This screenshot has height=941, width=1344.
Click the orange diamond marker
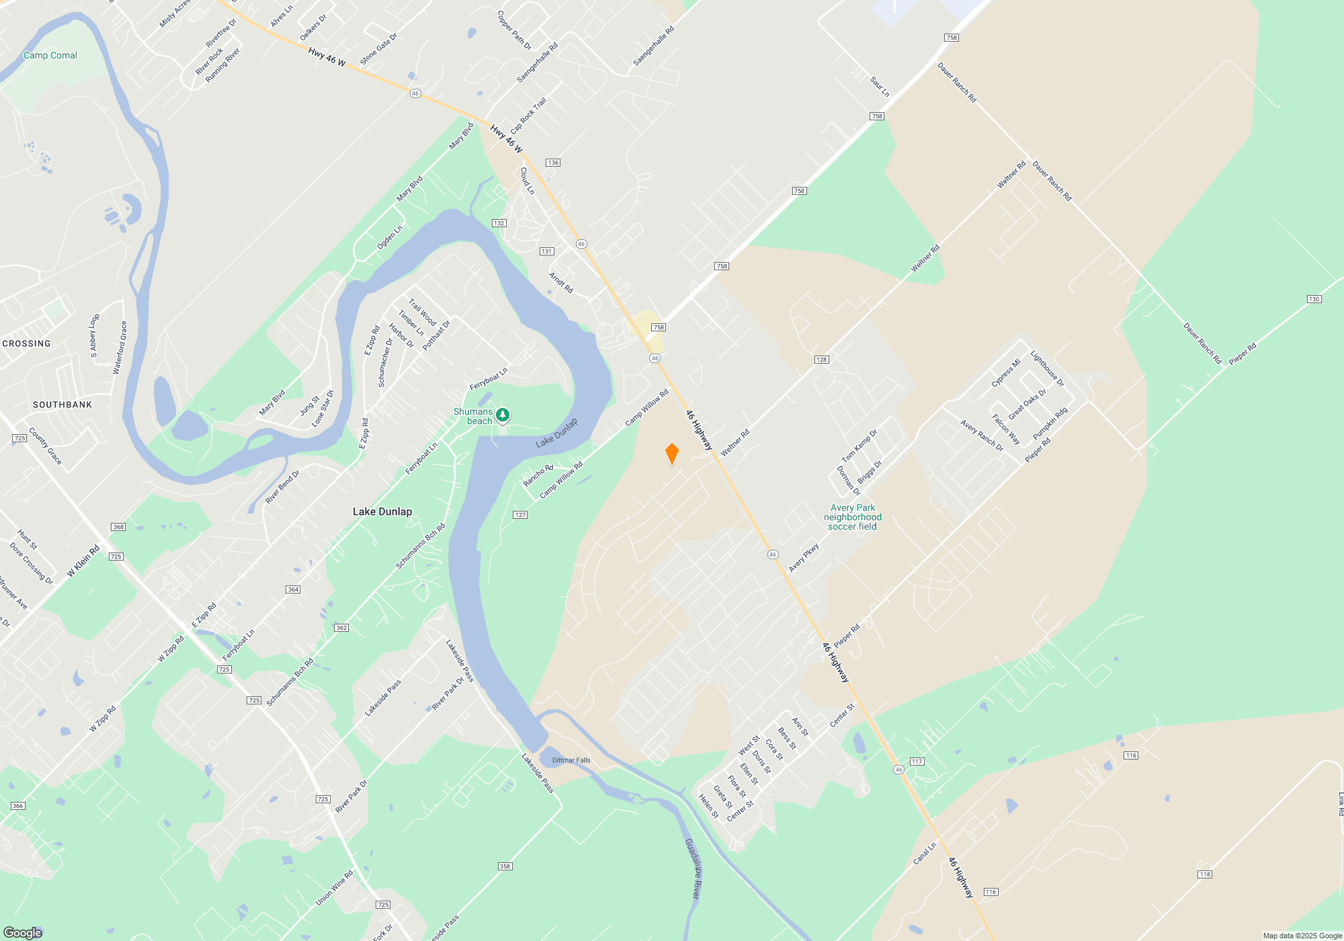click(x=671, y=453)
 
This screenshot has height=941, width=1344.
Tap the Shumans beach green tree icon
click(x=503, y=415)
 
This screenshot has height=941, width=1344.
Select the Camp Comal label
click(x=50, y=55)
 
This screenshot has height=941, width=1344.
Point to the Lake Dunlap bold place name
click(x=382, y=512)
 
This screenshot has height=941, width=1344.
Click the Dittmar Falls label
click(x=571, y=760)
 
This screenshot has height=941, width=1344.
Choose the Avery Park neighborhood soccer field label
click(x=853, y=517)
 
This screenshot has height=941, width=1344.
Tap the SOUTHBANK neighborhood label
click(x=62, y=405)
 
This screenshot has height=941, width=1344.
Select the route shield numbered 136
click(x=553, y=163)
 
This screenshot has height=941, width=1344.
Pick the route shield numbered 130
click(x=1314, y=299)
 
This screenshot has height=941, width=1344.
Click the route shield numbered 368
click(x=118, y=527)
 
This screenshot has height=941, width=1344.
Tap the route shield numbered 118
click(x=1204, y=874)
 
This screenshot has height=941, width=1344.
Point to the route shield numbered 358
click(x=505, y=866)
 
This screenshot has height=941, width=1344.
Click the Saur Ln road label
click(x=880, y=87)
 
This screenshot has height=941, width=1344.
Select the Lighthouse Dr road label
click(x=1047, y=369)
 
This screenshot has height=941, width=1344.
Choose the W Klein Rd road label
click(x=83, y=561)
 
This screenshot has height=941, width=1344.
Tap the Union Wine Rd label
click(x=334, y=889)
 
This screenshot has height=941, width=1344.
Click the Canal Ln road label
click(x=925, y=854)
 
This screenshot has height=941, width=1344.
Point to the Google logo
click(x=23, y=933)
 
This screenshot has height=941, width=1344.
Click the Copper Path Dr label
click(x=514, y=30)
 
